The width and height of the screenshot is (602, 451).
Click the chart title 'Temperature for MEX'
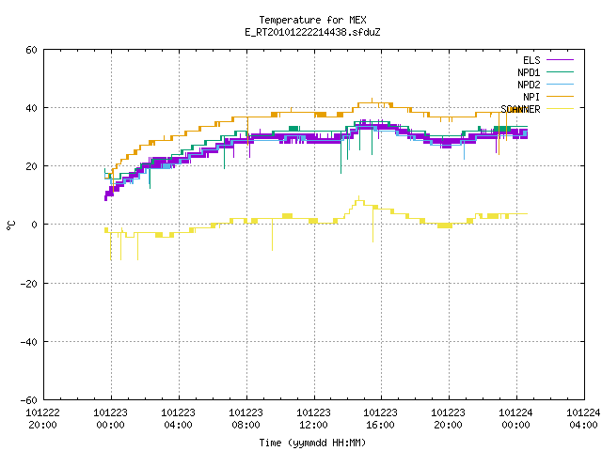click(312, 20)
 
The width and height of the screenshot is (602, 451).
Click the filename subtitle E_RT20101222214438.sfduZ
click(312, 32)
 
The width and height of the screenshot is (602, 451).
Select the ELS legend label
click(531, 60)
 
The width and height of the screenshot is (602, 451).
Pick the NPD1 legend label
click(529, 72)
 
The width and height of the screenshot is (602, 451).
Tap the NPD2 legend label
click(529, 85)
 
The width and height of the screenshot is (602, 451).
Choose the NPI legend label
click(531, 97)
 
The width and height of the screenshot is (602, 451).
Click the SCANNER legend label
click(520, 109)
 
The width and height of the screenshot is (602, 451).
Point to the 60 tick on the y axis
click(31, 50)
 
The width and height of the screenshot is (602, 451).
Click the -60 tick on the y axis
click(29, 400)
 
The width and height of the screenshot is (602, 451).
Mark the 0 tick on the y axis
click(35, 225)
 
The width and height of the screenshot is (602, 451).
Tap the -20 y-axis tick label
click(29, 284)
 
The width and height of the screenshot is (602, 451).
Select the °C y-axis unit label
click(11, 225)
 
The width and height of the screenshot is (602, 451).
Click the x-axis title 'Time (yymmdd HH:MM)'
click(312, 443)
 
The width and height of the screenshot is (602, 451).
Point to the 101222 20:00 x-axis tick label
click(42, 419)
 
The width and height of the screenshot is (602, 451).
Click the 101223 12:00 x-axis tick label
click(313, 419)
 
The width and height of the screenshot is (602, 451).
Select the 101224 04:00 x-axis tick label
click(583, 419)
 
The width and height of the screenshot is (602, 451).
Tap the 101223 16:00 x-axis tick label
click(380, 419)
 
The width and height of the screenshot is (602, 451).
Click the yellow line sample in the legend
click(560, 109)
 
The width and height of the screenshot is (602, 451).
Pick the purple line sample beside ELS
click(560, 60)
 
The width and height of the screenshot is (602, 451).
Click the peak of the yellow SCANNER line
click(359, 196)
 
